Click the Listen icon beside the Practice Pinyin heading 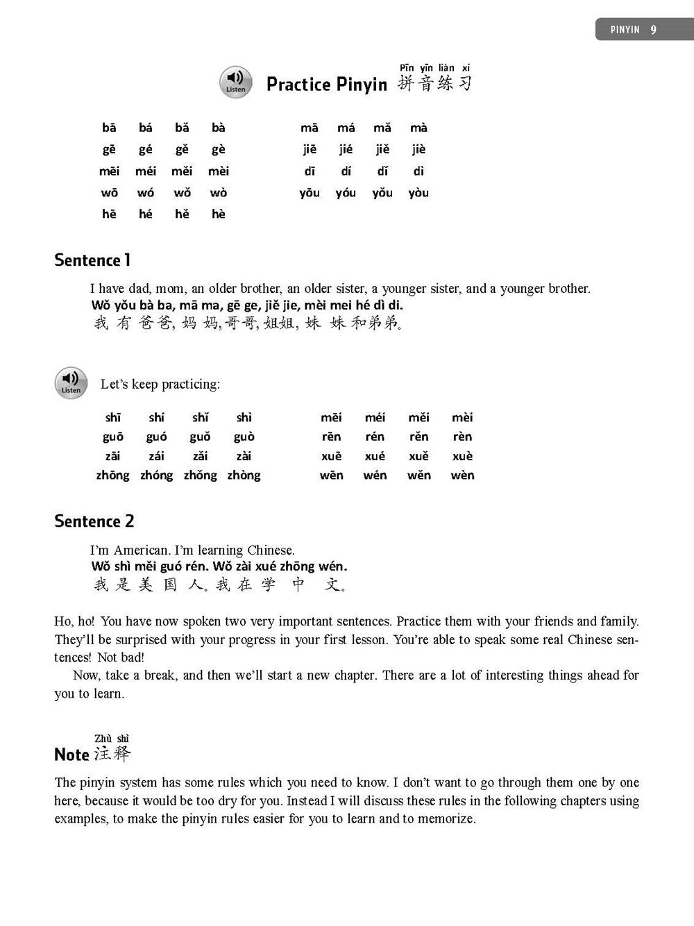pyautogui.click(x=235, y=82)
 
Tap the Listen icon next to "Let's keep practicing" pyautogui.click(x=71, y=383)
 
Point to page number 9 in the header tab pyautogui.click(x=653, y=30)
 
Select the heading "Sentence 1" pyautogui.click(x=92, y=260)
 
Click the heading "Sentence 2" pyautogui.click(x=94, y=521)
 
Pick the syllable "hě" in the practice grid pyautogui.click(x=182, y=214)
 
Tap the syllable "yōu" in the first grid pyautogui.click(x=310, y=193)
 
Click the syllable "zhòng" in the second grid pyautogui.click(x=244, y=475)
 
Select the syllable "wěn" pyautogui.click(x=418, y=475)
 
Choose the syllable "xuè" pyautogui.click(x=462, y=456)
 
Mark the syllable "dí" pyautogui.click(x=346, y=171)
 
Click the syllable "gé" pyautogui.click(x=146, y=149)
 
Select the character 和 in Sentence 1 pyautogui.click(x=359, y=323)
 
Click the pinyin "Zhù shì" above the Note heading pyautogui.click(x=112, y=738)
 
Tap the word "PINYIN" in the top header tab pyautogui.click(x=625, y=30)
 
